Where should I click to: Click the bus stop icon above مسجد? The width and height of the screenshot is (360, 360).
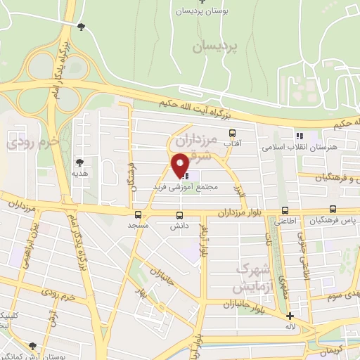[x=137, y=215]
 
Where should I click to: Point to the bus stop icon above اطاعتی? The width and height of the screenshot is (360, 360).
[x=285, y=210]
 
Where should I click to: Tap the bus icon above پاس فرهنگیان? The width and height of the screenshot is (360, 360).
[x=333, y=210]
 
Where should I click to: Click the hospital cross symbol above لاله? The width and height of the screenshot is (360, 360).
[x=290, y=316]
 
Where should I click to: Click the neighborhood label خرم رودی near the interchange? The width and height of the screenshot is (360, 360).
[x=30, y=142]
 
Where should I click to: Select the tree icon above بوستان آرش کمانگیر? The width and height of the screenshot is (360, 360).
[x=32, y=346]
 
